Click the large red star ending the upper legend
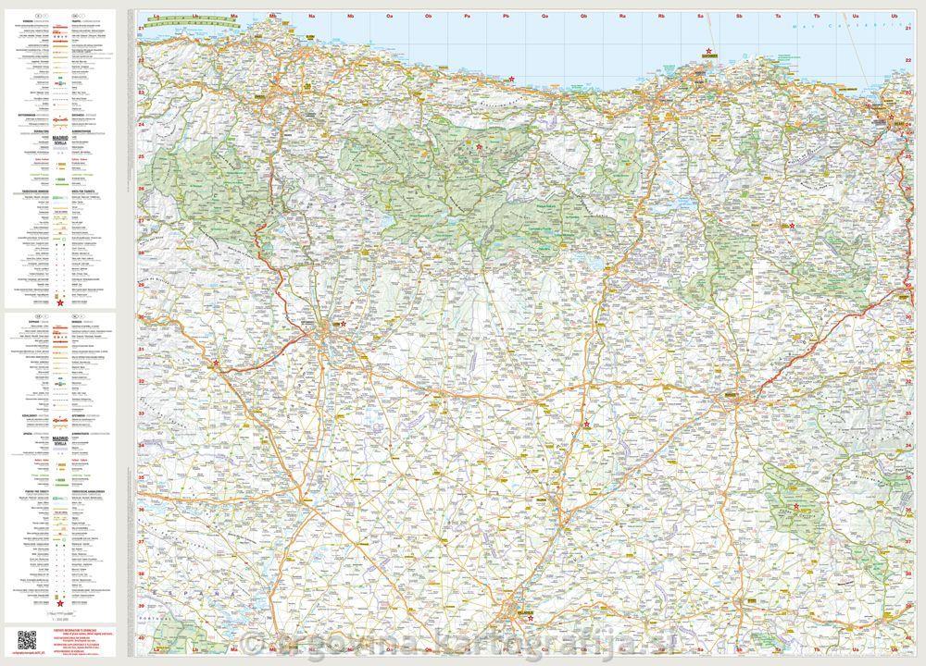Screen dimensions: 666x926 (x=60, y=302)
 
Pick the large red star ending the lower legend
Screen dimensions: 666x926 (x=60, y=603)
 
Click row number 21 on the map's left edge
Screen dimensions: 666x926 (x=141, y=29)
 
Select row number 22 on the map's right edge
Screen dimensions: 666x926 (x=909, y=58)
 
